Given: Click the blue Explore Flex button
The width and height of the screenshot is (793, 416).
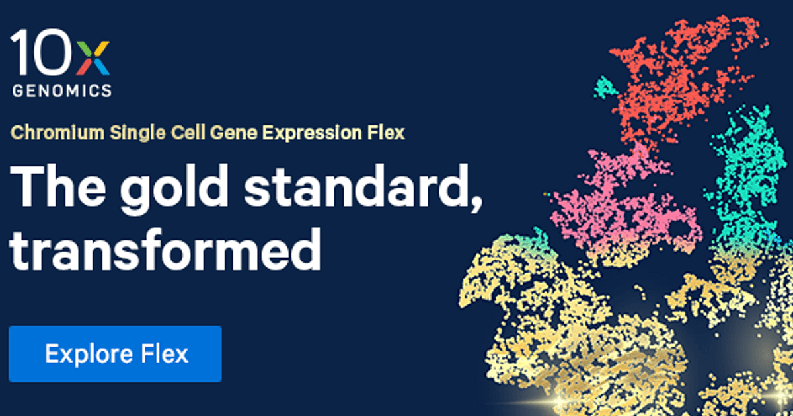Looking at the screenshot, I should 116,353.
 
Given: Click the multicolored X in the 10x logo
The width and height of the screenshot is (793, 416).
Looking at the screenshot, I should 93,56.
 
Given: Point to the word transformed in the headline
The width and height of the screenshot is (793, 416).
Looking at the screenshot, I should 165,249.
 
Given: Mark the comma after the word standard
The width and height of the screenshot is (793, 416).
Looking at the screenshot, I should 474,201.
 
